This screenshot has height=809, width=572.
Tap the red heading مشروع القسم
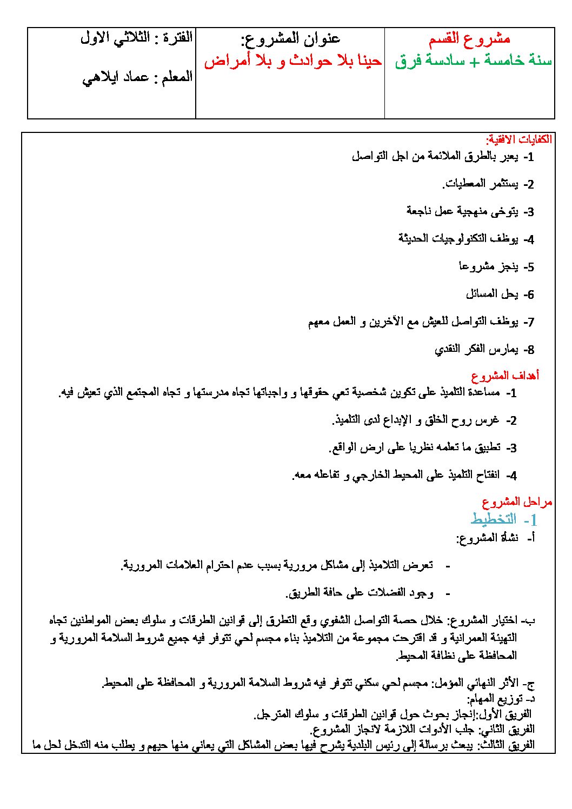(469, 39)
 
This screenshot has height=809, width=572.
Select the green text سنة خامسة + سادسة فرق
(473, 62)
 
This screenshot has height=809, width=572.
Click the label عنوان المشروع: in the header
(291, 39)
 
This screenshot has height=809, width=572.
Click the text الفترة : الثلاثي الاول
(137, 39)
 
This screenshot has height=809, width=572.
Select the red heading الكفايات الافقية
(518, 139)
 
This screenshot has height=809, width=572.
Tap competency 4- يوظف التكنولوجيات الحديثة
(466, 239)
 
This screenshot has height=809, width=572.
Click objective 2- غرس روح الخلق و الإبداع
(424, 420)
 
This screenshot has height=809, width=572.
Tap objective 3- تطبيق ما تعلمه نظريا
(423, 447)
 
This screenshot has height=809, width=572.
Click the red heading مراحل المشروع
(517, 503)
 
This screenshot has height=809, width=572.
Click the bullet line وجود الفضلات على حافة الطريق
(368, 593)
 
